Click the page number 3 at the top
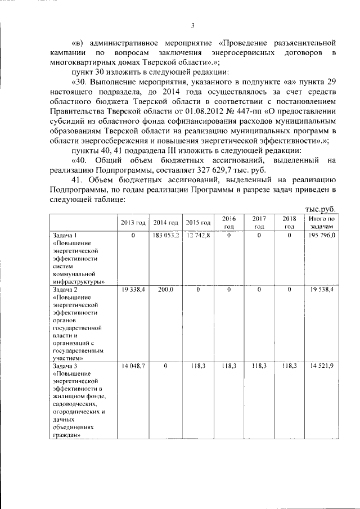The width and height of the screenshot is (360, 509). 192,25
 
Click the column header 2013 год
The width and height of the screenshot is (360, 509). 133,223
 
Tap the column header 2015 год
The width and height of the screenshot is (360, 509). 198,223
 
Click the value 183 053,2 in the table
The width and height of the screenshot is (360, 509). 165,235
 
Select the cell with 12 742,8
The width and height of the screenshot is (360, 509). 198,235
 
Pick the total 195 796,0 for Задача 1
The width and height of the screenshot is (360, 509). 322,235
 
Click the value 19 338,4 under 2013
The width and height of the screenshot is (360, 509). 133,289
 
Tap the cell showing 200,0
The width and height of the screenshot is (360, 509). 165,289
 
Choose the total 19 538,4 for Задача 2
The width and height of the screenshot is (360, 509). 322,289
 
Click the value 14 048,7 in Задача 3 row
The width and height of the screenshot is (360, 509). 133,366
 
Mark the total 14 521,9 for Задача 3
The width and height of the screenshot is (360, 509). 322,366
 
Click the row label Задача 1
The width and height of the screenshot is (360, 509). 64,235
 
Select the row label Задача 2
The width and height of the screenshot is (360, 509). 64,289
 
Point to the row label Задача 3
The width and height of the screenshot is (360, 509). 64,366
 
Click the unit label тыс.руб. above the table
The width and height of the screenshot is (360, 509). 320,209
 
